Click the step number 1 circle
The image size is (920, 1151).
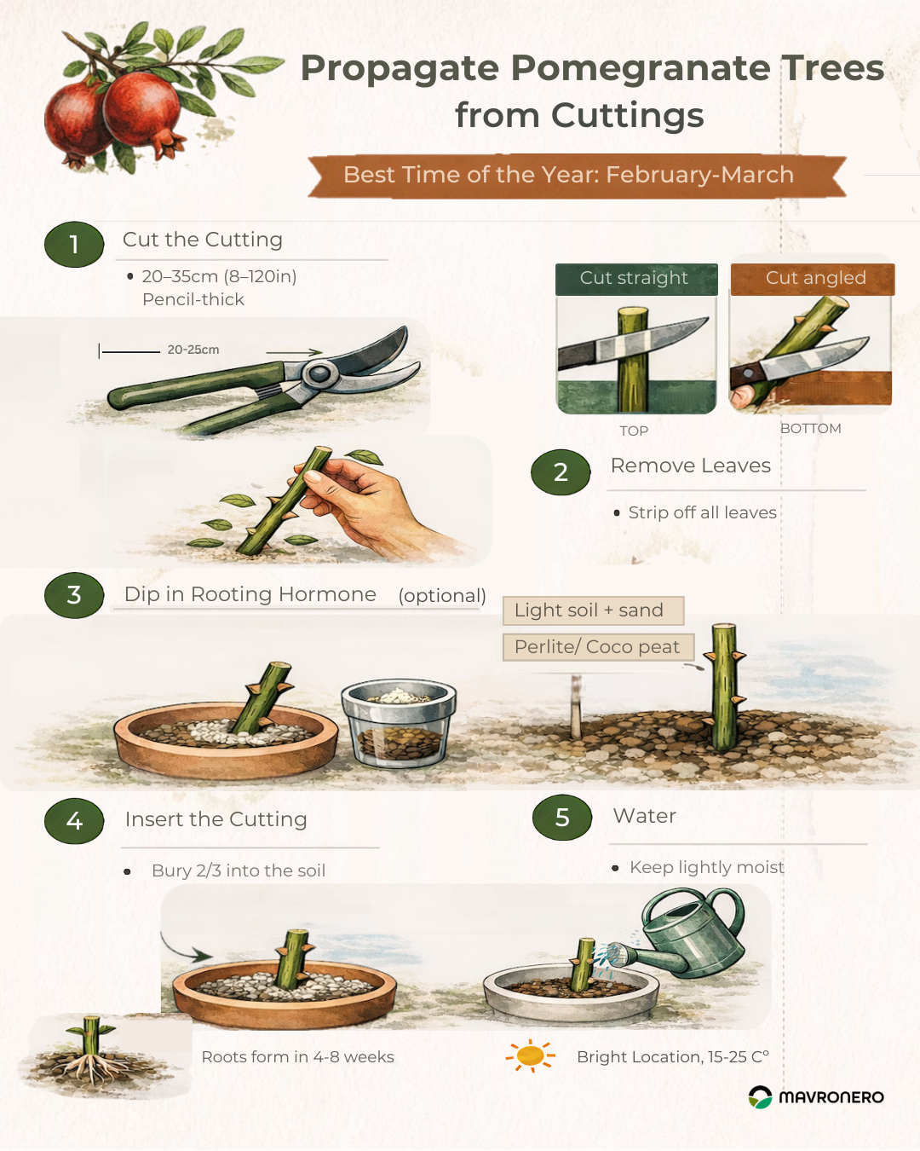(74, 245)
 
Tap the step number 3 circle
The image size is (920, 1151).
(74, 595)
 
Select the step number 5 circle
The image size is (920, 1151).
(562, 818)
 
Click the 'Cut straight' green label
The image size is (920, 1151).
(636, 279)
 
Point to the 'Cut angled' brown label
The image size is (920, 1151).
(813, 279)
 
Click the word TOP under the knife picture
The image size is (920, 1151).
(634, 431)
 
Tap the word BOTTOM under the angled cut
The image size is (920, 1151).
(810, 428)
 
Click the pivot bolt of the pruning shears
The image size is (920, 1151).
(319, 373)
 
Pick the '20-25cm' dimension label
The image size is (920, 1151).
(193, 350)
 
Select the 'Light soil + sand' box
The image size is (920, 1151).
(594, 610)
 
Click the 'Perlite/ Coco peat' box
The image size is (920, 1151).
(598, 647)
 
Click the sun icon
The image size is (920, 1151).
(531, 1056)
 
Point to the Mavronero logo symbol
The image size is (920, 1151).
(760, 1097)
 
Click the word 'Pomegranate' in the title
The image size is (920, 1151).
(640, 68)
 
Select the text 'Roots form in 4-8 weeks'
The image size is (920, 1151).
(298, 1057)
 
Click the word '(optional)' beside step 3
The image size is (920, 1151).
(442, 596)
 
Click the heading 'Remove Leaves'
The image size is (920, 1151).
(691, 466)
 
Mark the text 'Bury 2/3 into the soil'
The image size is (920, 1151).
(239, 870)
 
